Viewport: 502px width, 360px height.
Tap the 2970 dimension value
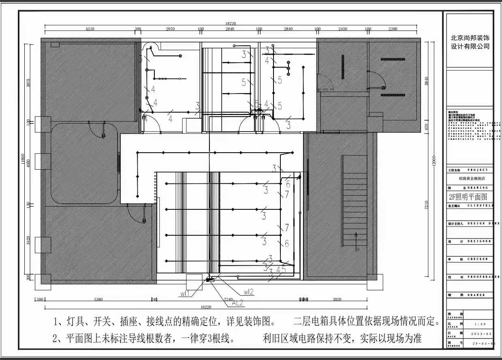[167, 29]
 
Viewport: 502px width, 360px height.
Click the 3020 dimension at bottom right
[337, 300]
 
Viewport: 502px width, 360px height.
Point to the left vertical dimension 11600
[23, 160]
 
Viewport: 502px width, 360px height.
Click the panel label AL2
[237, 302]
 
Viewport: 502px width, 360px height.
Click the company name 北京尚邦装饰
[470, 37]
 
